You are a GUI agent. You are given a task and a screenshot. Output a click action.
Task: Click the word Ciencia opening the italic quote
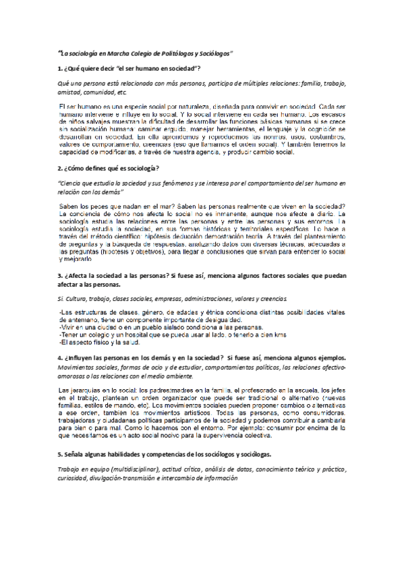pos(72,183)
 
